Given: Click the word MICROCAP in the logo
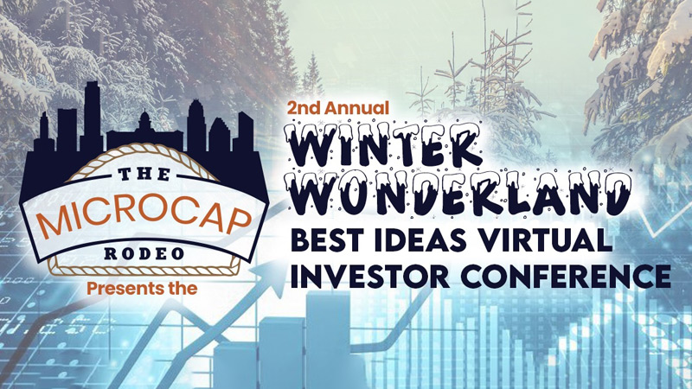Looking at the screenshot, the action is (x=144, y=220).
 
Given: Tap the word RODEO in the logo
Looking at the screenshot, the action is (x=144, y=253).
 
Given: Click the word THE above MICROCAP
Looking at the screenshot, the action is (x=144, y=175).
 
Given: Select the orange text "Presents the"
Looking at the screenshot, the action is (x=142, y=289).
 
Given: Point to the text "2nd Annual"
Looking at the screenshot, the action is (x=338, y=108).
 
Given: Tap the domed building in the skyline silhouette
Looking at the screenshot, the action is (x=144, y=127).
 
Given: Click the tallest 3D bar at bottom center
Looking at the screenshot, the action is (x=328, y=340).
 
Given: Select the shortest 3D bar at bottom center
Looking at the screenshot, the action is (x=235, y=365).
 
